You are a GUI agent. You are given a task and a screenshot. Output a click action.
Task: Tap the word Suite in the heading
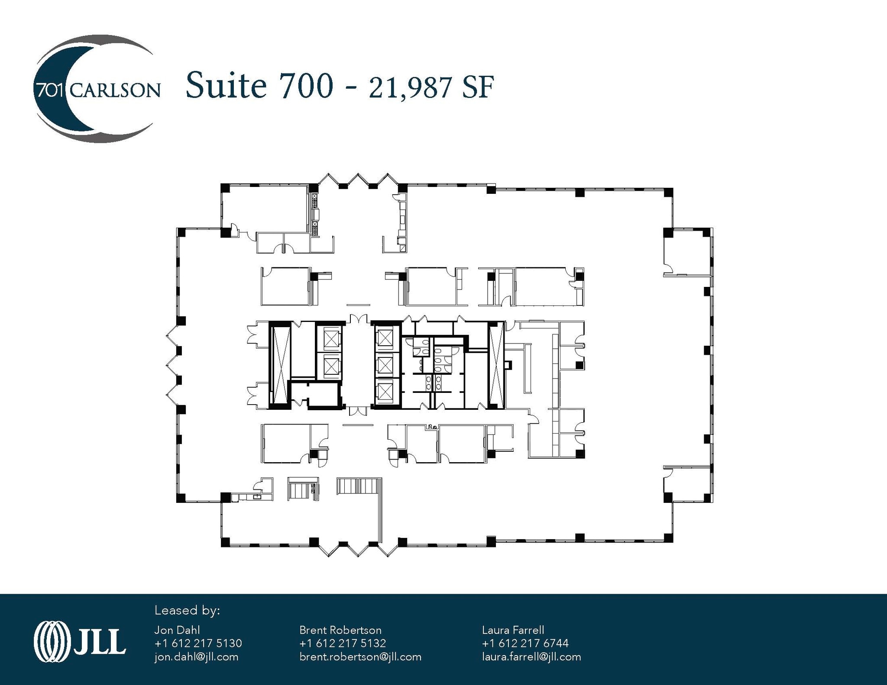[225, 86]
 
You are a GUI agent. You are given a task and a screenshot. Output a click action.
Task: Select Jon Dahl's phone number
[198, 643]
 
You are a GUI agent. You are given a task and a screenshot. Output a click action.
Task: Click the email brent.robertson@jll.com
[360, 657]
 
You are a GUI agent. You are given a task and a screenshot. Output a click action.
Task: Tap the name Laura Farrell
[513, 630]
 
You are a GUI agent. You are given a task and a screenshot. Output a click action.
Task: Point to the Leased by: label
[187, 611]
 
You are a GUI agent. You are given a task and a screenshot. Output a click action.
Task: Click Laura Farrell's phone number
[525, 643]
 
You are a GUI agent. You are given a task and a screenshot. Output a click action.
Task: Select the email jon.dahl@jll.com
[196, 657]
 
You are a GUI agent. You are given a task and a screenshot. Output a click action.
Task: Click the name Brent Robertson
[340, 630]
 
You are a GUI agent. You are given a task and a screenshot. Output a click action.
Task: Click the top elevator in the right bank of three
[385, 338]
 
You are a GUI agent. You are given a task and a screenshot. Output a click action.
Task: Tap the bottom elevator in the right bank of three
[385, 392]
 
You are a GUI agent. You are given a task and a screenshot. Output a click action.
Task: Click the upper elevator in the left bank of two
[331, 339]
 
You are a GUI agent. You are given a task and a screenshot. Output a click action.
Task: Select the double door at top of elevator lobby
[358, 319]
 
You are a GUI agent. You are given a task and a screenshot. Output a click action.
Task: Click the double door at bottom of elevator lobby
[358, 411]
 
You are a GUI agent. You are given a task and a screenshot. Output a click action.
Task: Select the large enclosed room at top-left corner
[265, 207]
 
